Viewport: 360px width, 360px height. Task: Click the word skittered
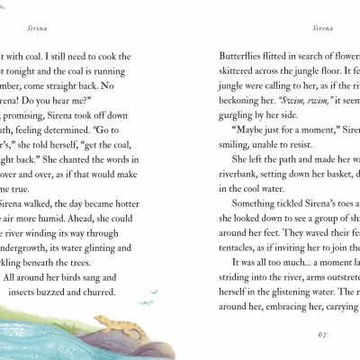tap(244, 71)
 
